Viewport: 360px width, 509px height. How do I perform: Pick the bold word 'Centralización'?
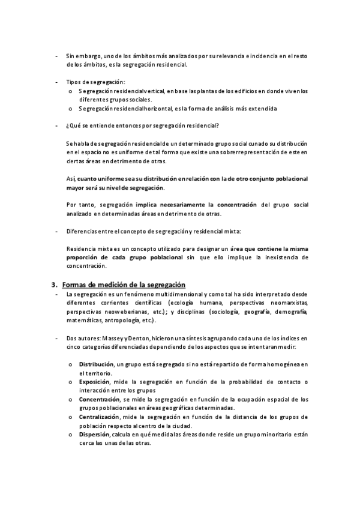(x=99, y=416)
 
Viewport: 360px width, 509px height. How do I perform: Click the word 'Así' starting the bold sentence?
(x=71, y=179)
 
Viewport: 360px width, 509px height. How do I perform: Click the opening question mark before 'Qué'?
(x=68, y=125)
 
